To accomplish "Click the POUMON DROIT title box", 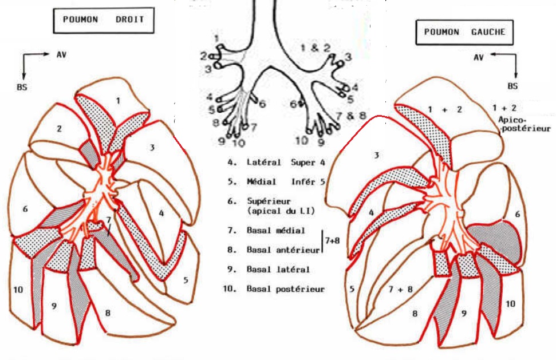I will tap(99, 20).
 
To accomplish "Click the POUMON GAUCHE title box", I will tap(464, 32).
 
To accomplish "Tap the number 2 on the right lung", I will tap(59, 129).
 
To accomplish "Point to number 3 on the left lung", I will tap(377, 155).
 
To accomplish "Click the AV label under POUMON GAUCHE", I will tap(479, 57).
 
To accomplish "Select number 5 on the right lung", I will tap(186, 280).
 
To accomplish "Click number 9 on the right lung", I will tap(54, 306).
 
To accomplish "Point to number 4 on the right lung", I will tap(161, 213).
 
